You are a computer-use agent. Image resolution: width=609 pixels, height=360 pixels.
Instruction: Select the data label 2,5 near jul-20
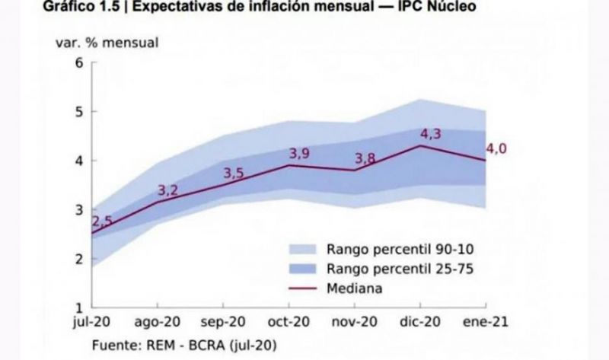[x=101, y=221]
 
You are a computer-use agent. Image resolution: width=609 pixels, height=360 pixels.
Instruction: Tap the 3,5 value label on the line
[x=234, y=174]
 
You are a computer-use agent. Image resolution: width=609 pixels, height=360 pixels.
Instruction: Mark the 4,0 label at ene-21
[x=496, y=148]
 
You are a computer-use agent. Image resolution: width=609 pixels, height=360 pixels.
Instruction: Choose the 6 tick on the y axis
[x=78, y=62]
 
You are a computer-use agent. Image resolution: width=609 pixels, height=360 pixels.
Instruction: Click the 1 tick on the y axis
[x=78, y=308]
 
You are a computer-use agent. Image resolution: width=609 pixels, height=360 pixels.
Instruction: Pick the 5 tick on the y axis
[x=78, y=111]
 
